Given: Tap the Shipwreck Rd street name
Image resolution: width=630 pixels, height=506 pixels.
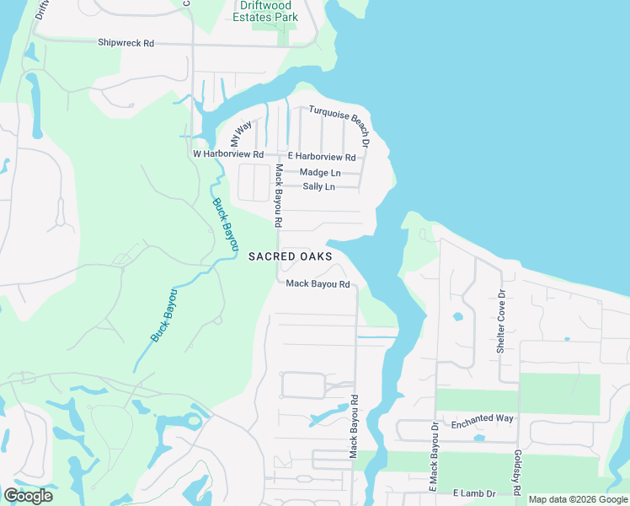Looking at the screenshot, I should tap(125, 42).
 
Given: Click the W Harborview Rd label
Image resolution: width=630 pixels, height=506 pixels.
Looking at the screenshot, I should tap(228, 155).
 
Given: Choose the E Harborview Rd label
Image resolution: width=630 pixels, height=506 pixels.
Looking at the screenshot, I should tap(322, 157).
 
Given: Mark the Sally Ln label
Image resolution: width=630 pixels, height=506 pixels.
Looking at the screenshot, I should tap(318, 186).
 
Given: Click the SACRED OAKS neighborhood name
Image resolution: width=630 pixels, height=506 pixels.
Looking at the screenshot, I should tap(290, 256).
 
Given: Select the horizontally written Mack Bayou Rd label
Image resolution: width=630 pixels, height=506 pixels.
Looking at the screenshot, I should tap(318, 284).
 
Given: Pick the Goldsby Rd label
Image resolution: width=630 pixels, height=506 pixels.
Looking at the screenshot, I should tap(516, 473).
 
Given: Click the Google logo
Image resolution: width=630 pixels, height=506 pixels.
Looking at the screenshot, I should tap(27, 496).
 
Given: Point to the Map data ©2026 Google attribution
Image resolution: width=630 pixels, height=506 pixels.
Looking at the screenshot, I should tap(579, 499).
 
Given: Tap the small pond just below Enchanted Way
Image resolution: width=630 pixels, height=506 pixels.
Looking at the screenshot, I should tap(479, 438).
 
